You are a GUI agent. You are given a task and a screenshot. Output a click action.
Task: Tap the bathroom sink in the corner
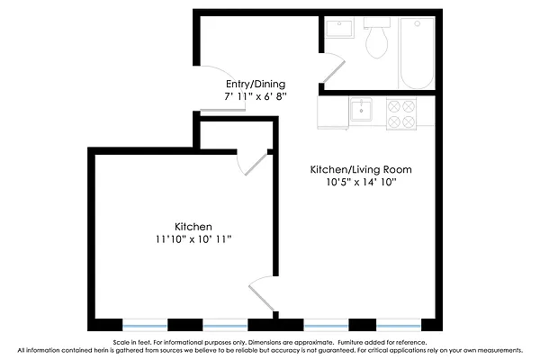339,30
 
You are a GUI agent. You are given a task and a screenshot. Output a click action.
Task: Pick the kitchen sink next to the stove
363,111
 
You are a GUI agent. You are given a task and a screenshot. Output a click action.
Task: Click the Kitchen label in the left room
193,226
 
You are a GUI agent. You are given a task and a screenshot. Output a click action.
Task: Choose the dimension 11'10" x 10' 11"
193,239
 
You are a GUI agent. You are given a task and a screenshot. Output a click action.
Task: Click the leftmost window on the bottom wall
144,323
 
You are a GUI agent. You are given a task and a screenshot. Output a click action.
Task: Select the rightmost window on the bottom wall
398,323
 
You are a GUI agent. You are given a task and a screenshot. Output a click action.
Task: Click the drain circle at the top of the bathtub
416,24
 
